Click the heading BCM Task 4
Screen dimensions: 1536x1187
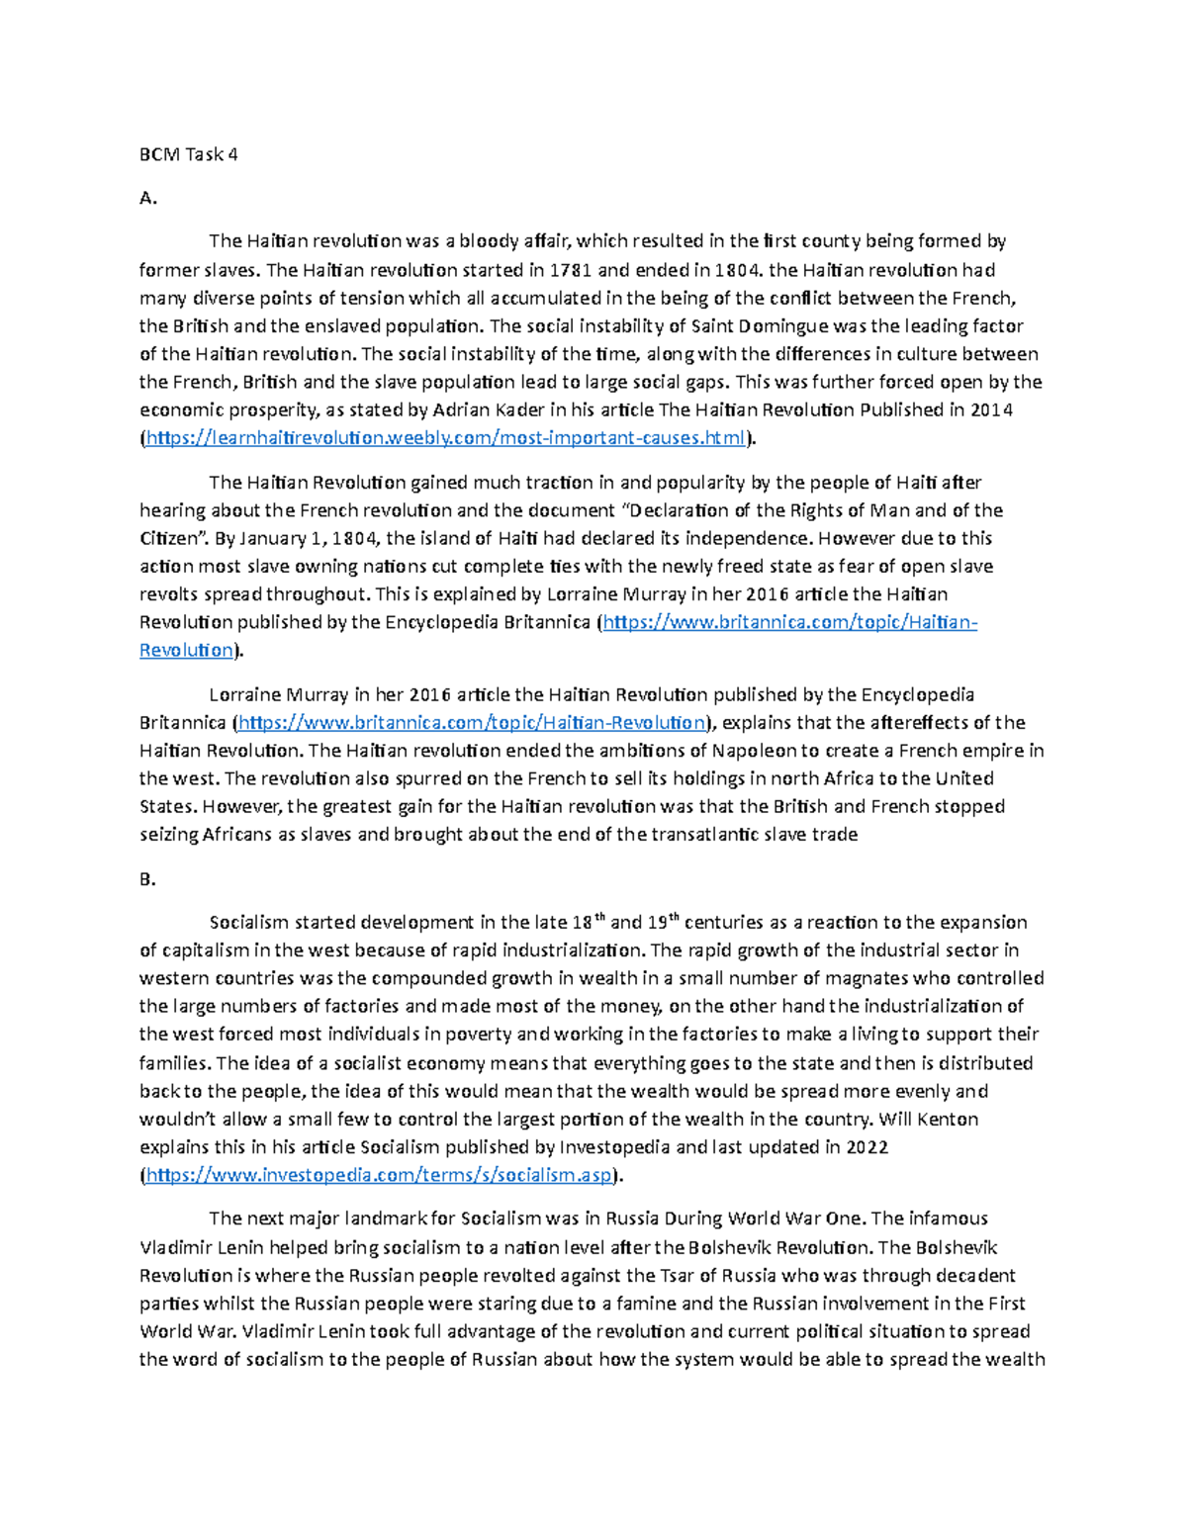(188, 154)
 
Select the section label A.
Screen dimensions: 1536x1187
(147, 198)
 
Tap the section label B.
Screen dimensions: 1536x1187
(147, 878)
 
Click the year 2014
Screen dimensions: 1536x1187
(991, 409)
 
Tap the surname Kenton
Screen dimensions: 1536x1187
(949, 1120)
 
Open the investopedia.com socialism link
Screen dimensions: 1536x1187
(379, 1175)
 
